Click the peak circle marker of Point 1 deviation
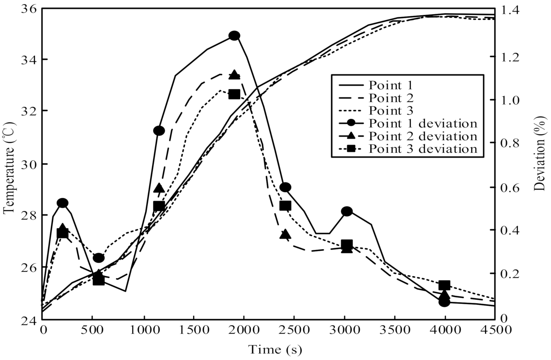click(x=234, y=36)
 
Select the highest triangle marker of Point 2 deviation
click(x=234, y=75)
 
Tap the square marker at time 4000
click(x=445, y=285)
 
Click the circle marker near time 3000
click(x=347, y=211)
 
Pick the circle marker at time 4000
click(x=445, y=302)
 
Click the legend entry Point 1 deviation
click(x=423, y=123)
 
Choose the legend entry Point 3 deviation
click(x=423, y=149)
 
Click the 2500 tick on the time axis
click(x=294, y=330)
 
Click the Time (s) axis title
click(x=275, y=349)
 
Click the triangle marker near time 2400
click(x=285, y=235)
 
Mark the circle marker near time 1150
click(x=159, y=131)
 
